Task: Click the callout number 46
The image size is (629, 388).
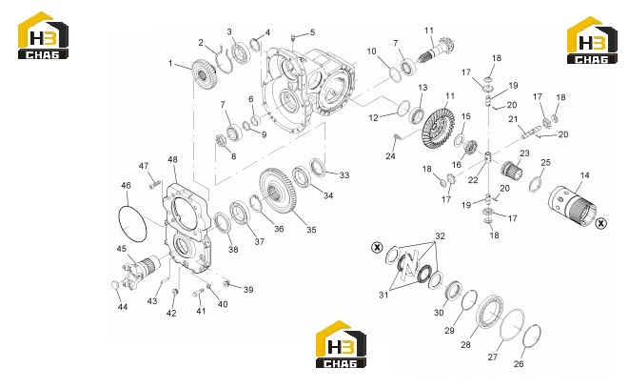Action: pyautogui.click(x=126, y=186)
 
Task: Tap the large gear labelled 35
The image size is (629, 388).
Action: pyautogui.click(x=279, y=191)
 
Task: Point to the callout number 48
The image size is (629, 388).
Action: pyautogui.click(x=172, y=159)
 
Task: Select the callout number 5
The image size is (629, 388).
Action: pyautogui.click(x=312, y=32)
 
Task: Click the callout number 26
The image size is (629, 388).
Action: pyautogui.click(x=519, y=363)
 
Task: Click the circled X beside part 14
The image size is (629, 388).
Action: pyautogui.click(x=600, y=223)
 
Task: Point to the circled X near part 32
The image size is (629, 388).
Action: pyautogui.click(x=377, y=247)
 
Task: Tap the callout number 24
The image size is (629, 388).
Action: pyautogui.click(x=391, y=156)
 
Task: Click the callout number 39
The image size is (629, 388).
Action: pyautogui.click(x=248, y=290)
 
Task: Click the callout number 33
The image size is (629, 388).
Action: pyautogui.click(x=344, y=175)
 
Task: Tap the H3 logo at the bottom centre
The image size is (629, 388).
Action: pyautogui.click(x=341, y=344)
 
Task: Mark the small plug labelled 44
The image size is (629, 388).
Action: pyautogui.click(x=115, y=285)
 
